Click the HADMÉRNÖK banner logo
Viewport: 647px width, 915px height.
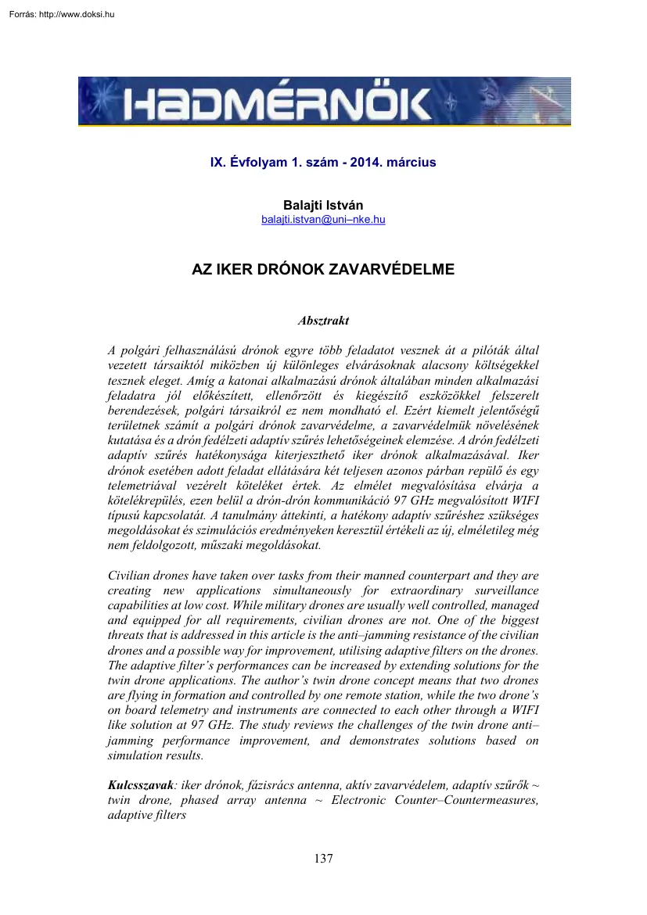coord(323,102)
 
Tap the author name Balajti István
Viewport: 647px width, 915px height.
coord(323,205)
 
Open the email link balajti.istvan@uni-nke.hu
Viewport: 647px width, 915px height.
coord(323,219)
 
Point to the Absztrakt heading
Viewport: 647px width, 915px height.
coord(323,321)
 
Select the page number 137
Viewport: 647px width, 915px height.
coord(323,859)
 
